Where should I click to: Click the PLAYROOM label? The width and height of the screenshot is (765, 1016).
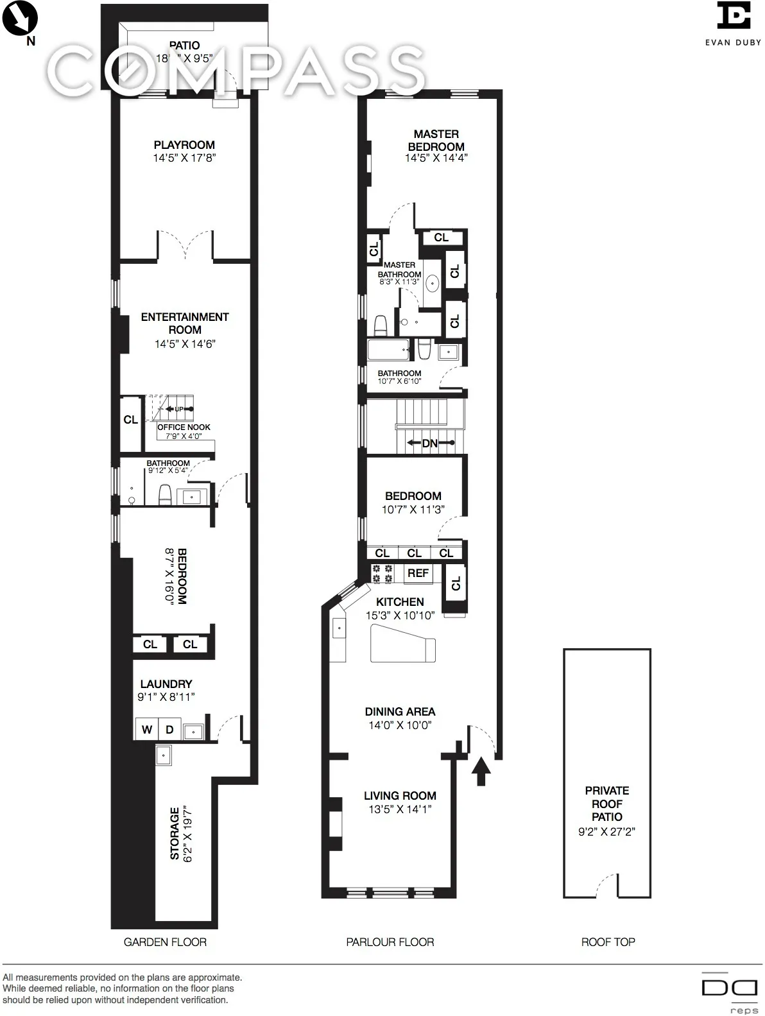click(x=184, y=145)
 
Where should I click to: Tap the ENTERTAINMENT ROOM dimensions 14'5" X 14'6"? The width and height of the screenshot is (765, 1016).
click(x=185, y=344)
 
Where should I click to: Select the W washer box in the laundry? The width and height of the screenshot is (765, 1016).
click(x=147, y=730)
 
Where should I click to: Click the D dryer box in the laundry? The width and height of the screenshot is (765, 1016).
click(x=169, y=730)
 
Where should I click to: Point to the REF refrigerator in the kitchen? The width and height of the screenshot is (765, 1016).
click(x=418, y=573)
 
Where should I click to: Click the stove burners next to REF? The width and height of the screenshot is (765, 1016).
click(x=383, y=573)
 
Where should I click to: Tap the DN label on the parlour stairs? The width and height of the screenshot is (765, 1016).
click(x=429, y=443)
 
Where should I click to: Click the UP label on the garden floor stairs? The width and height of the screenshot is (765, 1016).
click(x=179, y=409)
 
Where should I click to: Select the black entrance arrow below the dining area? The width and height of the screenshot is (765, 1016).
click(x=481, y=770)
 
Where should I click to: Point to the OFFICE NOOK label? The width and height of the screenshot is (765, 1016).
click(x=184, y=427)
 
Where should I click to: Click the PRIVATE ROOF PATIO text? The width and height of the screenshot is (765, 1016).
click(x=607, y=804)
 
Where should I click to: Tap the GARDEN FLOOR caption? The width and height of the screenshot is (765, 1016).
click(x=165, y=942)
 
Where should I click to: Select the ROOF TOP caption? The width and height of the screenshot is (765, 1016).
click(x=608, y=942)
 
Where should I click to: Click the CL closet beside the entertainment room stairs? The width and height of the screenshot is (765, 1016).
click(x=131, y=420)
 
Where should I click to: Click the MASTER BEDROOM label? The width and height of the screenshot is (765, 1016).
click(x=436, y=140)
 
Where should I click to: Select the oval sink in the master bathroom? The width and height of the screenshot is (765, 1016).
click(x=433, y=282)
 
